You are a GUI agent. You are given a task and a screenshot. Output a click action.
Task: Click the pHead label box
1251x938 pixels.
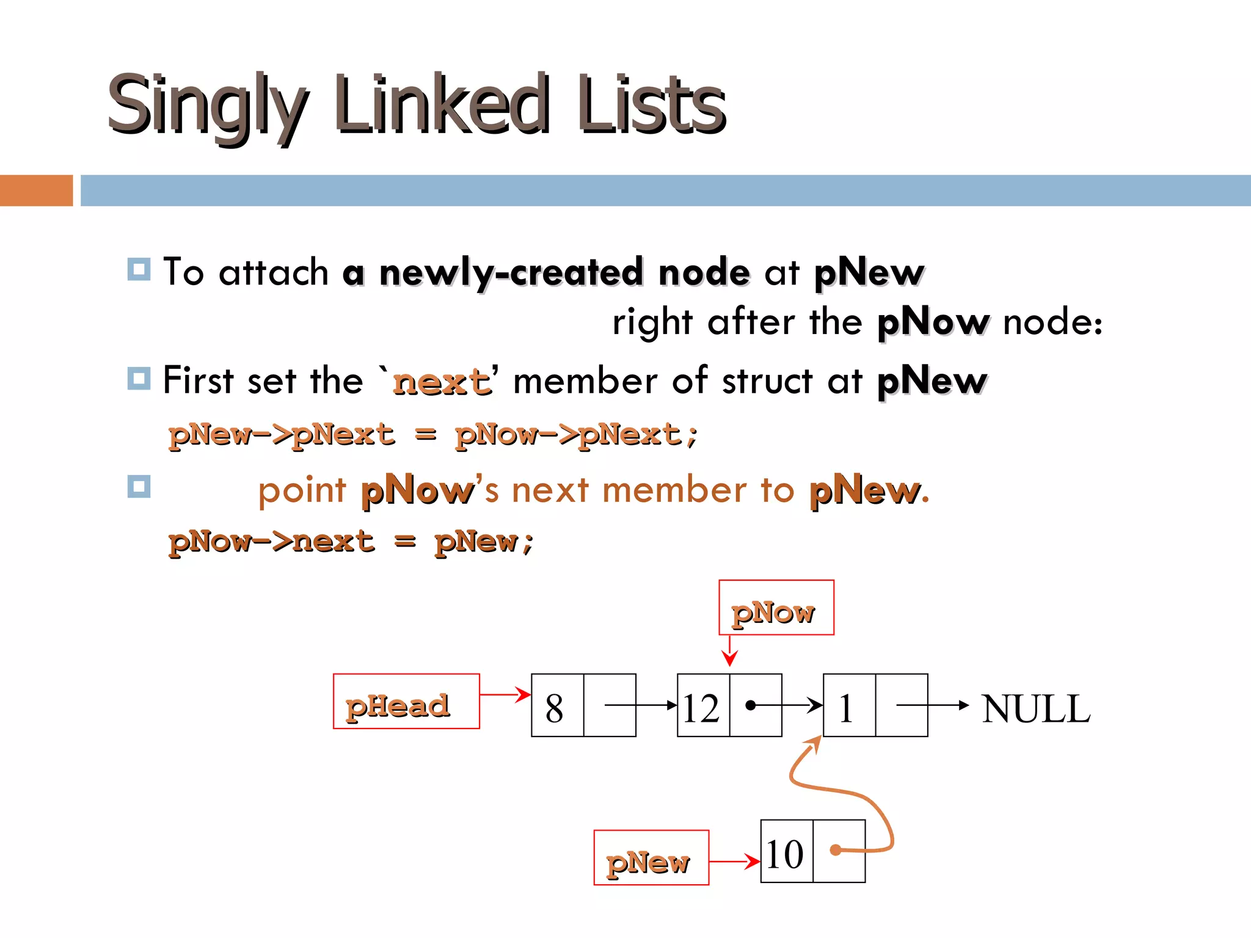pyautogui.click(x=406, y=701)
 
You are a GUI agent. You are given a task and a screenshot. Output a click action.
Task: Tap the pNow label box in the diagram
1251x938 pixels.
pyautogui.click(x=776, y=608)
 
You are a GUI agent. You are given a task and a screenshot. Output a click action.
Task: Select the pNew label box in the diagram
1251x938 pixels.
pyautogui.click(x=651, y=857)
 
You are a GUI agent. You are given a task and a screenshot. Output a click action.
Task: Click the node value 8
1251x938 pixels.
pyautogui.click(x=555, y=708)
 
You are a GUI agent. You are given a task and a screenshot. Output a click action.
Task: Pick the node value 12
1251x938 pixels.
pyautogui.click(x=702, y=708)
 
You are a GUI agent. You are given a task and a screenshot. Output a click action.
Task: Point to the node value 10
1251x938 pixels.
pyautogui.click(x=786, y=853)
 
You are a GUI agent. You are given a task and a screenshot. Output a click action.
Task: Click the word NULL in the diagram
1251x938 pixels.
pyautogui.click(x=1036, y=708)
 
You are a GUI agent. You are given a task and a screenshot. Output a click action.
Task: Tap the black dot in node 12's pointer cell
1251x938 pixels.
pyautogui.click(x=751, y=705)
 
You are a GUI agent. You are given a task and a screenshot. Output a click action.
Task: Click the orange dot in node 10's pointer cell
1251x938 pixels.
pyautogui.click(x=836, y=849)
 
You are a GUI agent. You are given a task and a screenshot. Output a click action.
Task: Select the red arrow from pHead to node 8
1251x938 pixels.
pyautogui.click(x=505, y=694)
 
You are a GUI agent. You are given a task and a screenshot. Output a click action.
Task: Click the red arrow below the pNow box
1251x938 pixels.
pyautogui.click(x=729, y=651)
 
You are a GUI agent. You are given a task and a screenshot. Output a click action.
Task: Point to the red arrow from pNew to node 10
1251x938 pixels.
pyautogui.click(x=734, y=862)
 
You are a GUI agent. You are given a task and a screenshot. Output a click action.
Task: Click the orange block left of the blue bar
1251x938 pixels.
pyautogui.click(x=36, y=191)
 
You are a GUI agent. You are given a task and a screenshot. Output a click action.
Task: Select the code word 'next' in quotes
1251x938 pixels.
pyautogui.click(x=442, y=382)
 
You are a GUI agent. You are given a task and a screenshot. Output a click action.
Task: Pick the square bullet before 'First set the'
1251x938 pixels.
pyautogui.click(x=139, y=379)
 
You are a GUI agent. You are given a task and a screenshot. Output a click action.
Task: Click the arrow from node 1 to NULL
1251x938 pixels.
pyautogui.click(x=932, y=705)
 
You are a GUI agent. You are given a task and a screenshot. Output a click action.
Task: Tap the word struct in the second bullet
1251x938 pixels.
pyautogui.click(x=767, y=381)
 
